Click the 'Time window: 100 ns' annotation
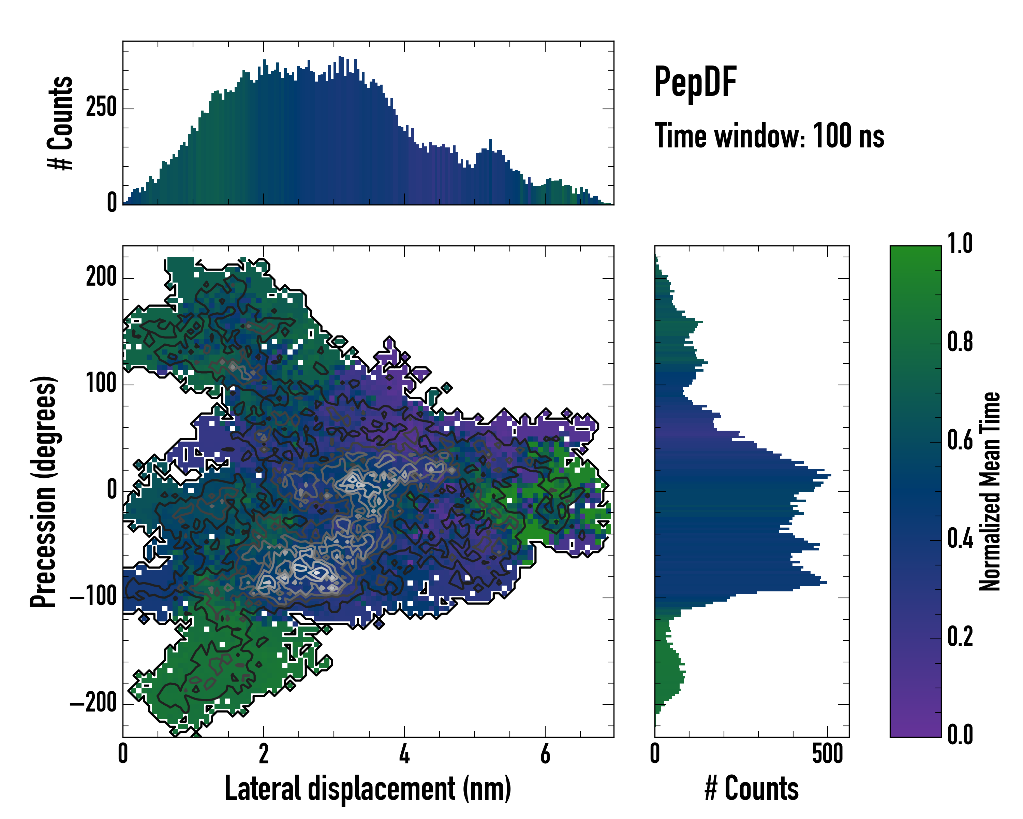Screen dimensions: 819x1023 (769, 136)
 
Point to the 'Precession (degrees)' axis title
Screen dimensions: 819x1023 (44, 491)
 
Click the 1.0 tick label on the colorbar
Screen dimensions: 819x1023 (960, 244)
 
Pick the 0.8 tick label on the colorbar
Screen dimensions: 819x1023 (960, 342)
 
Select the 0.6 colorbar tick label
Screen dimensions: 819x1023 (960, 440)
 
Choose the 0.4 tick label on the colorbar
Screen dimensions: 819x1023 (960, 538)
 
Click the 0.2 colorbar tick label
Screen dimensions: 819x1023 (960, 637)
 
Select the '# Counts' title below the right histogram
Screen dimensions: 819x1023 (752, 789)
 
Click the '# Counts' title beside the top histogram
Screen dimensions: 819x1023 (60, 123)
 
